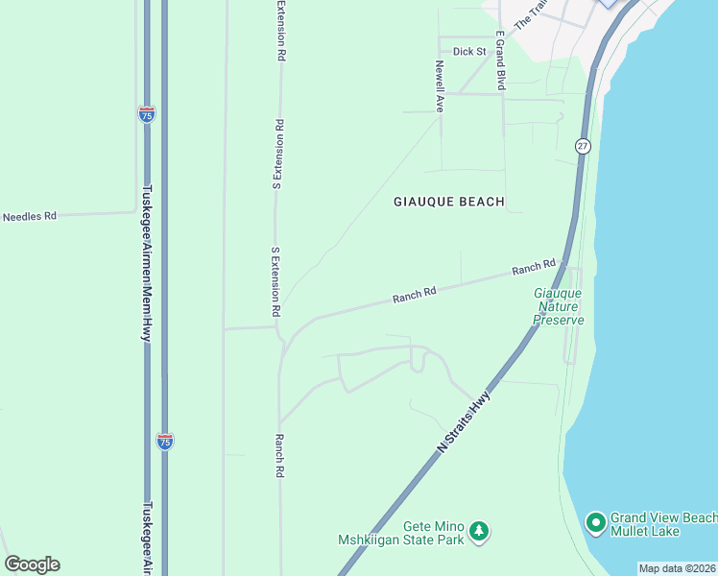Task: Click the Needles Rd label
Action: tap(30, 217)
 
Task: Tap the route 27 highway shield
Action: tap(583, 146)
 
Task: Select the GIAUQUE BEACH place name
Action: tap(449, 202)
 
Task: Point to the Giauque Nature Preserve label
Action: tap(559, 306)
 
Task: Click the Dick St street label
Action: tap(470, 52)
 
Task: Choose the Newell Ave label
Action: tap(440, 87)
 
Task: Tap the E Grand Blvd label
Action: tap(500, 60)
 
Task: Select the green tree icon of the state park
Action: tap(479, 529)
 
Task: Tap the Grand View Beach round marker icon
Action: tap(595, 523)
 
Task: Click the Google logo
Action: tap(32, 564)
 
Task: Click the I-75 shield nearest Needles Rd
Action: tap(146, 114)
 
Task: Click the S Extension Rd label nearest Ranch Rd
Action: tap(275, 282)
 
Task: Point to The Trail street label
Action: tap(530, 12)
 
